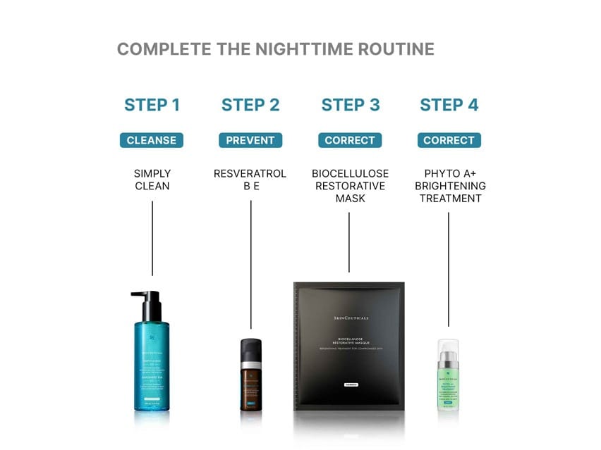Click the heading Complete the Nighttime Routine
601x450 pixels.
tap(275, 49)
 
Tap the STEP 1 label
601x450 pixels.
tap(152, 105)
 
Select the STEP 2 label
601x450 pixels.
tap(250, 105)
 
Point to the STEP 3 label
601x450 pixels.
tap(350, 105)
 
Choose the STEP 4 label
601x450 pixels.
tap(449, 105)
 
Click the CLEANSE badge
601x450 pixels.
tap(152, 140)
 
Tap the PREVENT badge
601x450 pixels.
tap(250, 140)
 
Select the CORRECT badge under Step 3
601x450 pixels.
tap(350, 140)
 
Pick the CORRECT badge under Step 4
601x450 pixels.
tap(449, 140)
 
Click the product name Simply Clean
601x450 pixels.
tap(152, 180)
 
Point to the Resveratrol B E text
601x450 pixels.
tap(250, 180)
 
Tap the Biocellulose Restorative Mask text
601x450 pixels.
tap(350, 186)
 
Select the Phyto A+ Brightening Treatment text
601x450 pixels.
tap(449, 186)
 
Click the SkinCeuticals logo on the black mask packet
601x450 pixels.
tap(351, 318)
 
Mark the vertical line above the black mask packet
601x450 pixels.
tap(350, 242)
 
